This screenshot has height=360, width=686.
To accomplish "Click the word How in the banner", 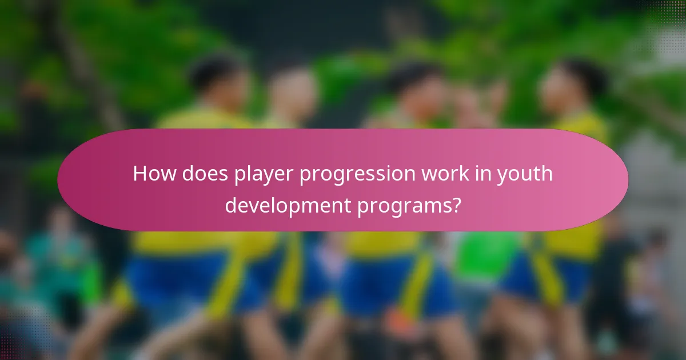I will tap(154, 174).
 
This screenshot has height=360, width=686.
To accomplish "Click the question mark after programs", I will tap(456, 204).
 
